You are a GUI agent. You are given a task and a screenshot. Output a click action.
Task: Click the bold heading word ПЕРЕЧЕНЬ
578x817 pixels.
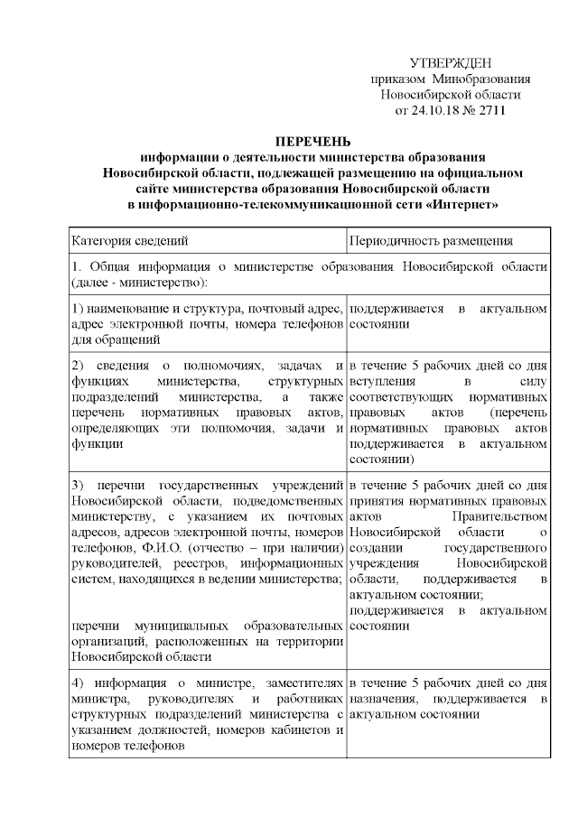click(312, 141)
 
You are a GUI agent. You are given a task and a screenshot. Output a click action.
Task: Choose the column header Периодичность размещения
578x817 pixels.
click(431, 241)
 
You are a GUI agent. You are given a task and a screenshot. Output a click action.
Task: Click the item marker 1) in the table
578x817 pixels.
click(79, 310)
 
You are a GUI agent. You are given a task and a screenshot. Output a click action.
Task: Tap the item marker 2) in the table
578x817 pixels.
click(79, 366)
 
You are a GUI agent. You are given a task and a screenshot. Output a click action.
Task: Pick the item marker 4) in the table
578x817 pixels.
click(79, 683)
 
